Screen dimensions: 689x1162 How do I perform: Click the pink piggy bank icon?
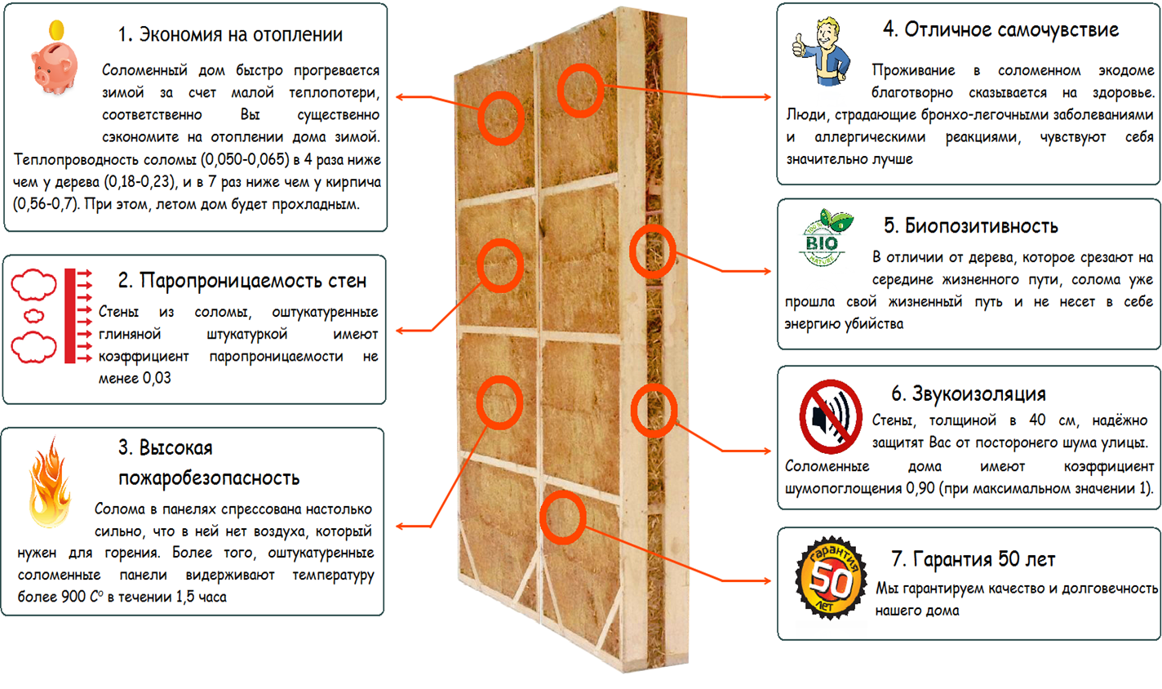(55, 65)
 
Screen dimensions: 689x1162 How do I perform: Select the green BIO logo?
(824, 238)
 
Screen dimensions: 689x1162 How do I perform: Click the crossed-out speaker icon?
(830, 417)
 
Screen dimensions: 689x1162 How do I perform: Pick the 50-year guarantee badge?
(830, 580)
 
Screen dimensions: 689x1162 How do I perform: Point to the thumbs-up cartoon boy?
(823, 51)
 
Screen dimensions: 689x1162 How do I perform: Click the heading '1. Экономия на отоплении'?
(230, 35)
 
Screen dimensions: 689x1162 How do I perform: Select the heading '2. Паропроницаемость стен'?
(242, 281)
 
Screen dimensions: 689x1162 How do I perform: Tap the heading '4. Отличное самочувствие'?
(1000, 30)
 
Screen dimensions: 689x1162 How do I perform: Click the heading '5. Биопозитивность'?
(970, 226)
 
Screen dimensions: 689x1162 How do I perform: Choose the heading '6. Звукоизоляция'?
(968, 393)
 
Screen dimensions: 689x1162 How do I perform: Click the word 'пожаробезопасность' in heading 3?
(209, 478)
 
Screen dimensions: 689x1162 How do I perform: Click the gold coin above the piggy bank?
(56, 30)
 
